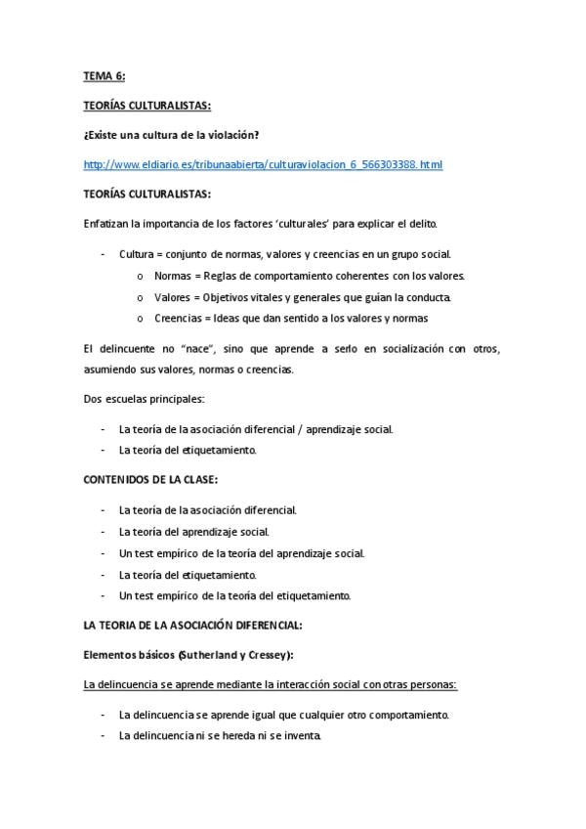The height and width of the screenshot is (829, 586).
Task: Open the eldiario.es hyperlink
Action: pos(263,164)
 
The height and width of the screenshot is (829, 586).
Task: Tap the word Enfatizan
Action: pos(106,224)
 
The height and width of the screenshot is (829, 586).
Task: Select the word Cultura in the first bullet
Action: pos(136,254)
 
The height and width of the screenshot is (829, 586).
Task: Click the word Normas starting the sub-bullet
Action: pos(172,276)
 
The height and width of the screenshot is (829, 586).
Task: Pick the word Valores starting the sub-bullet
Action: pos(172,297)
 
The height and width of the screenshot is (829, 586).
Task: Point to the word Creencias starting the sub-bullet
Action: pos(177,319)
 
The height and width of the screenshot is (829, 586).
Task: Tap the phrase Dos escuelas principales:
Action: pos(144,399)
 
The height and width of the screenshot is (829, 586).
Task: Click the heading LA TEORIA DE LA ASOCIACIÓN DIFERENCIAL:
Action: pos(192,625)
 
